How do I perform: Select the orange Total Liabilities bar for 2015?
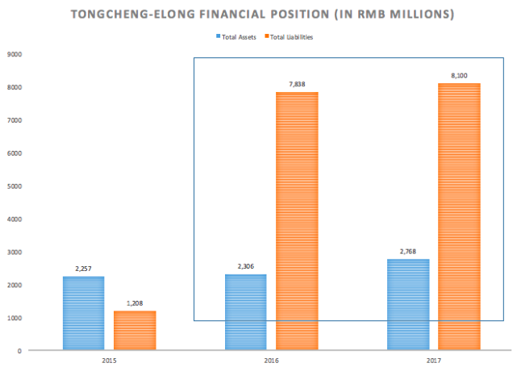(134, 330)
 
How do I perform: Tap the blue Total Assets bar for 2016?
(246, 312)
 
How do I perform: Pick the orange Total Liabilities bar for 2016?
(297, 221)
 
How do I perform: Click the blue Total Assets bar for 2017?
(409, 304)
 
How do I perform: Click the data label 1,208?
(134, 304)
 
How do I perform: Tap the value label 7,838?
(297, 85)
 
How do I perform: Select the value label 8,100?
(459, 76)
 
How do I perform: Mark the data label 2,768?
(409, 252)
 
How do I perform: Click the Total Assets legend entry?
(239, 36)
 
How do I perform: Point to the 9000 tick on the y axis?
(15, 54)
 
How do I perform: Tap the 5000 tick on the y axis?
(15, 186)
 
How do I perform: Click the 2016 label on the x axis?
(271, 359)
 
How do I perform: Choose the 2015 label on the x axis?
(108, 359)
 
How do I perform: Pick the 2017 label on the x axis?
(434, 359)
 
